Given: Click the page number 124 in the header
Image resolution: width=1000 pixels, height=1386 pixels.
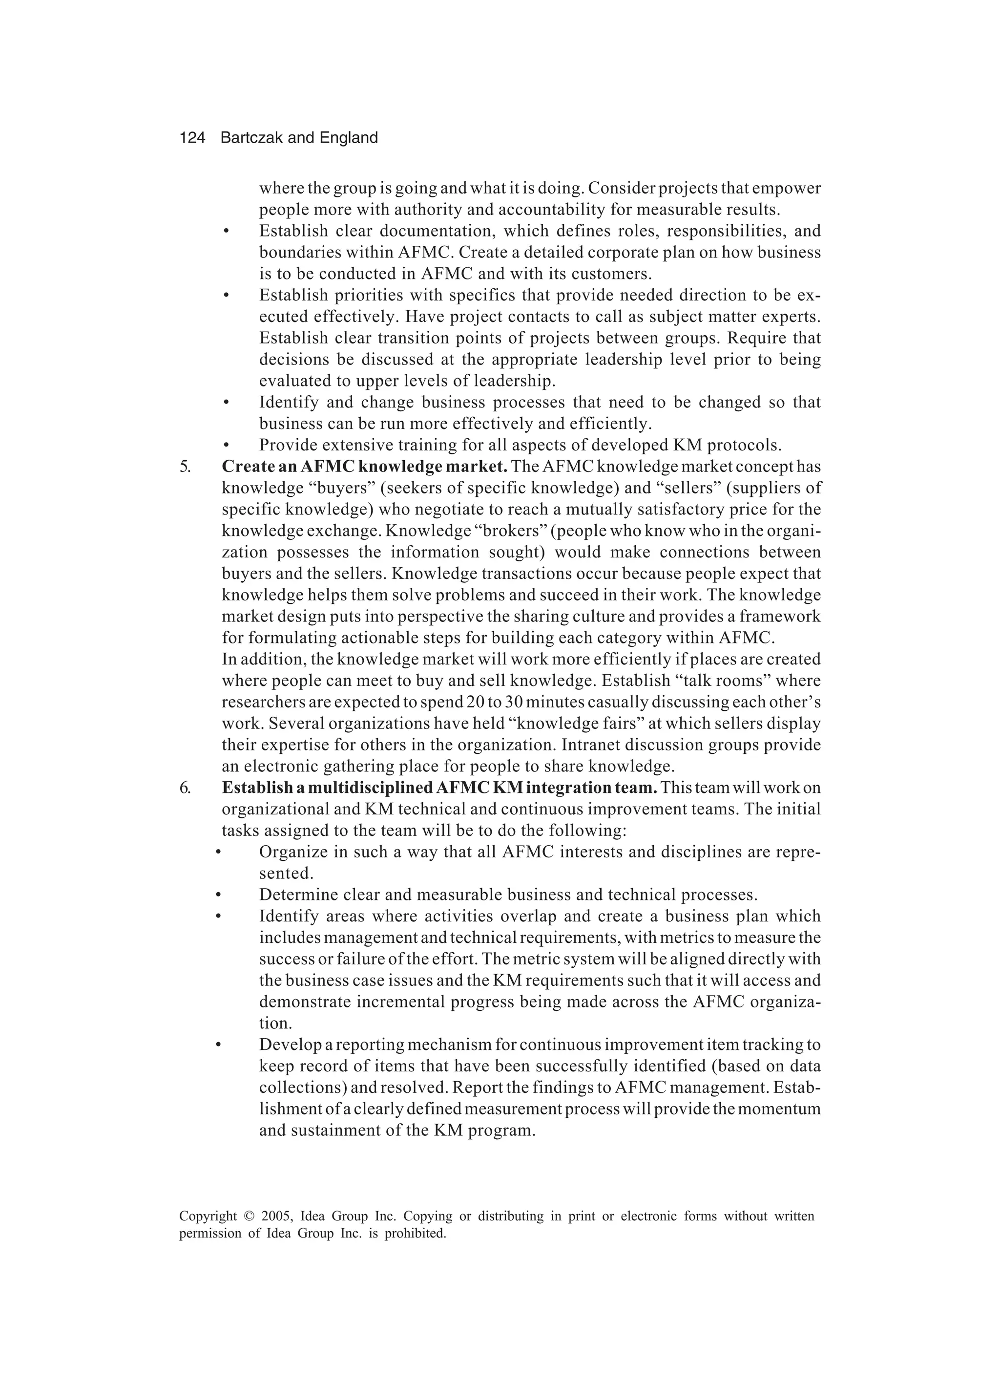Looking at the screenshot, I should tap(192, 138).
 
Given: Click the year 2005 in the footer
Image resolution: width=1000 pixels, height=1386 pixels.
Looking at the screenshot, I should tap(277, 1216).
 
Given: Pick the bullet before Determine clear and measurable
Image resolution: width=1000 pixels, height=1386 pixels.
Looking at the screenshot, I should tap(217, 896).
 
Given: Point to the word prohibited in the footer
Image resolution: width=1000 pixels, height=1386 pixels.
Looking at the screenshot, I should tap(419, 1233).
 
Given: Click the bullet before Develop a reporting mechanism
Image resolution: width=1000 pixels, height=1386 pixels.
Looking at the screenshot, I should tap(217, 1045).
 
